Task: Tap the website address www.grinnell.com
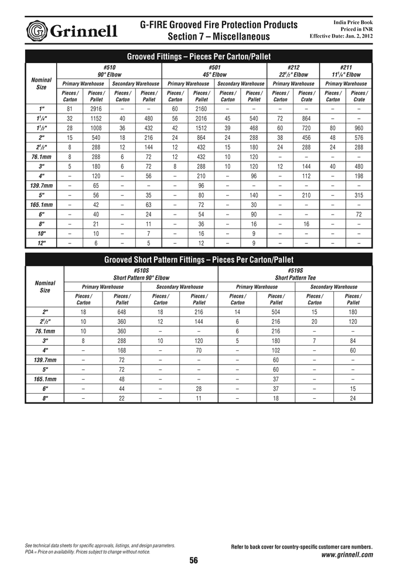[347, 555]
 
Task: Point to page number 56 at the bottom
[193, 561]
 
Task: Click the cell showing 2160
[201, 109]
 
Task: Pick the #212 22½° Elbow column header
[293, 71]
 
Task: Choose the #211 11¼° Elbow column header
[346, 71]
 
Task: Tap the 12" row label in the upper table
[41, 243]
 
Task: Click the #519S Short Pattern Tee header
[295, 274]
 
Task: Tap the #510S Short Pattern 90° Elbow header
[141, 274]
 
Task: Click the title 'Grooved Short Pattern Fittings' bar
[199, 260]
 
